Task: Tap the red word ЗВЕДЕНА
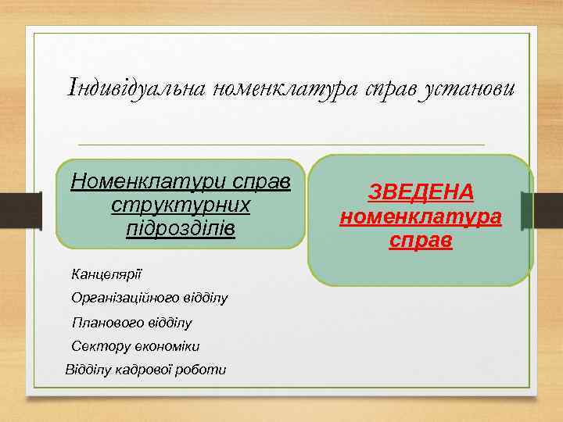click(420, 193)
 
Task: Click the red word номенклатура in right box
click(420, 216)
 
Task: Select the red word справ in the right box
click(420, 240)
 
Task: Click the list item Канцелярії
click(106, 275)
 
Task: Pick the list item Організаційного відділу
click(149, 299)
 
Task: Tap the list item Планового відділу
click(131, 323)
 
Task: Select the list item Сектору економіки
click(135, 346)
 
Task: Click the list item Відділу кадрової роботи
click(146, 370)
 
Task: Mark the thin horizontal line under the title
click(281, 145)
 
